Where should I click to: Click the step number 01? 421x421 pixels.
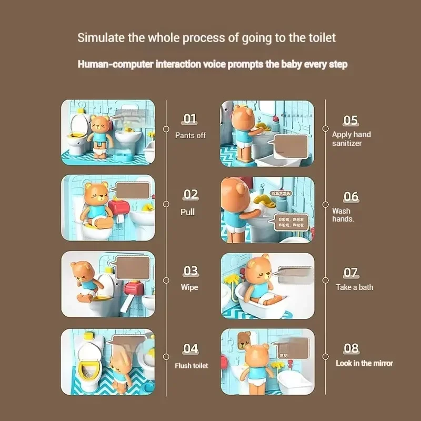coord(190,119)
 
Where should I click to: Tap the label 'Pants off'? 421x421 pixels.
coord(190,135)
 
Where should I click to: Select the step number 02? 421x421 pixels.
coord(191,195)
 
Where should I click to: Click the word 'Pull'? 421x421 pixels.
coord(187,212)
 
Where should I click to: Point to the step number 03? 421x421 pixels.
coord(191,271)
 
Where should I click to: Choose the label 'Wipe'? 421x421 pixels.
coord(189,287)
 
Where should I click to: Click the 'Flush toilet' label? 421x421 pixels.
coord(192,365)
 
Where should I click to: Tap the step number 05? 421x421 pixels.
coord(350,120)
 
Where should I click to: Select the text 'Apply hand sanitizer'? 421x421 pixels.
coord(351,138)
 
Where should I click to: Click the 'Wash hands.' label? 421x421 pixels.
coord(343,215)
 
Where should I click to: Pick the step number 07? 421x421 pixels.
coord(350,273)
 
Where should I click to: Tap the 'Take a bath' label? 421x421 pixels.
coord(354,287)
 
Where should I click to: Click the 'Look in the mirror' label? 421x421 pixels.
coord(364,363)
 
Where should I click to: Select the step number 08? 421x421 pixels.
coord(351,348)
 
